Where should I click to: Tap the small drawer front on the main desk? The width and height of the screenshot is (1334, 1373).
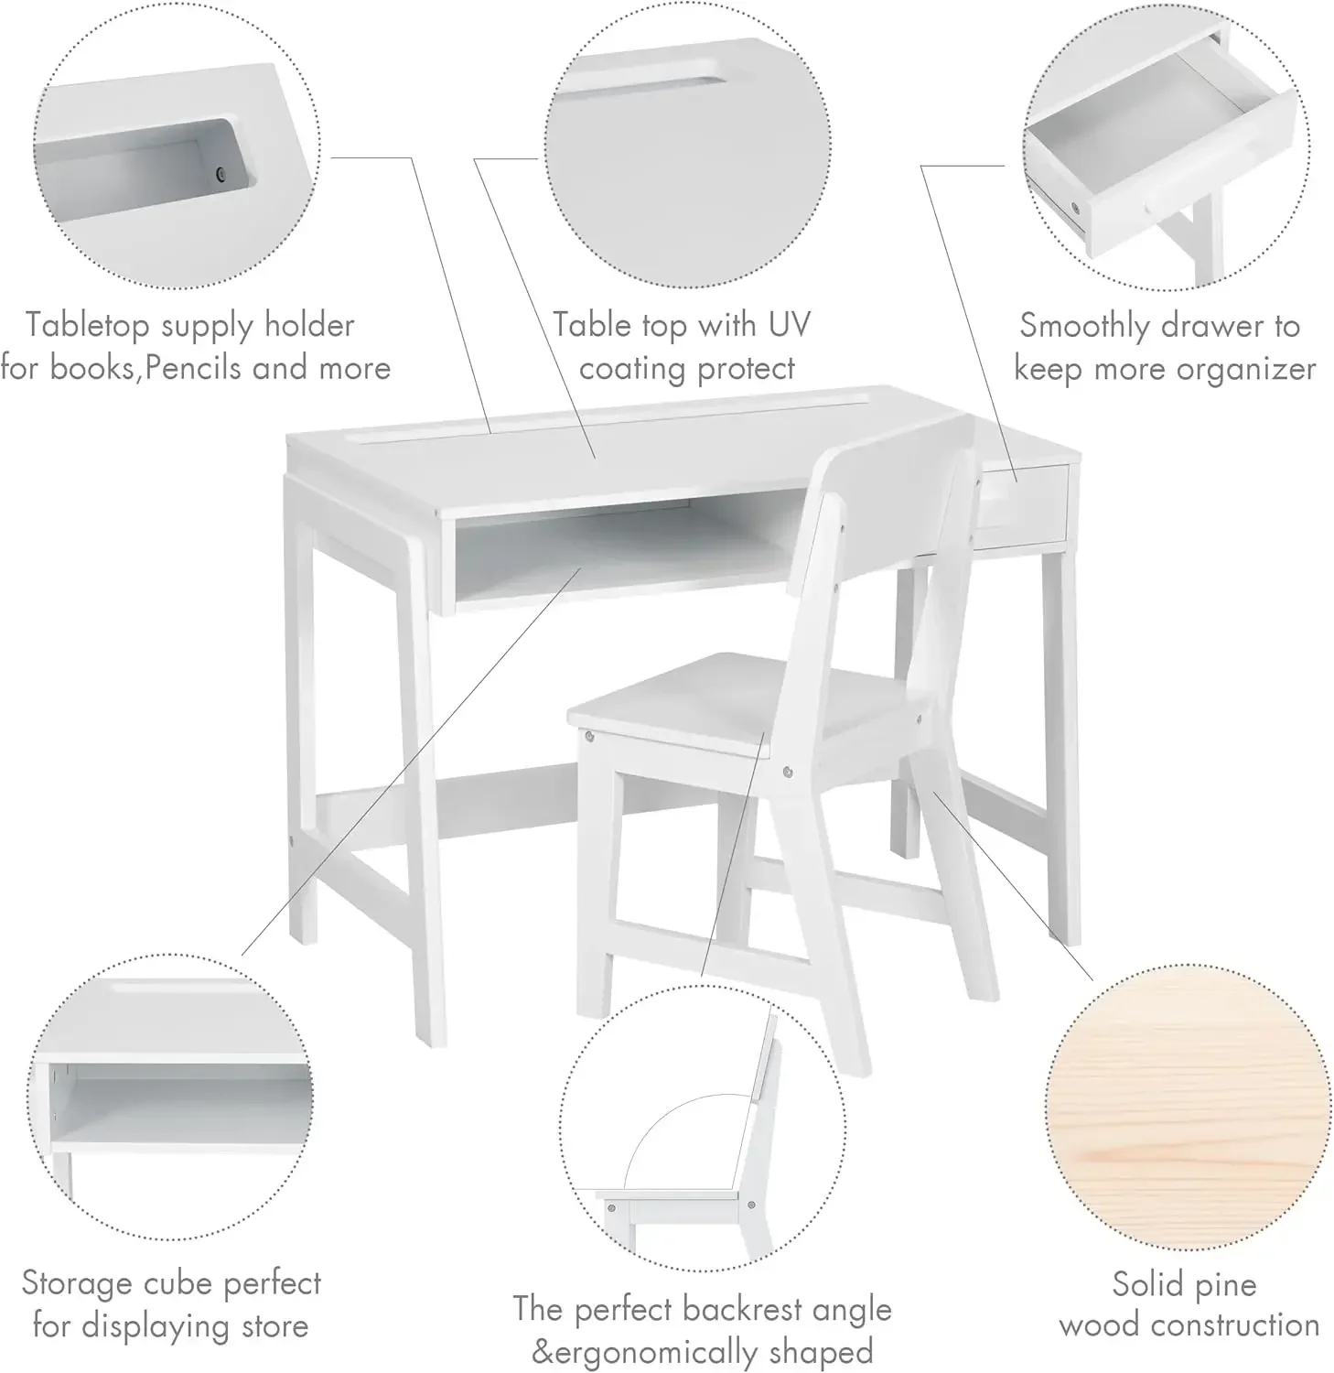[x=1023, y=505]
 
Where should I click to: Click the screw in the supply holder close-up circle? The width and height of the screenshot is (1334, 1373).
[x=221, y=174]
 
